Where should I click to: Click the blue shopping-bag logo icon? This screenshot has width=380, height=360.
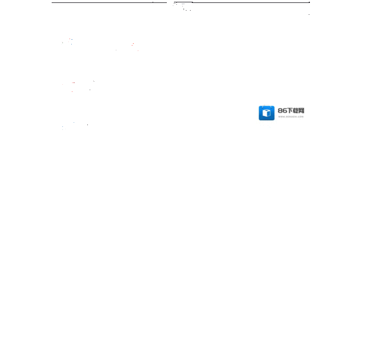[x=267, y=113]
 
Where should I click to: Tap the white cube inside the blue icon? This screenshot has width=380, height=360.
[x=267, y=113]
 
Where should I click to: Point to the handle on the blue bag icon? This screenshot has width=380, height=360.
[x=267, y=107]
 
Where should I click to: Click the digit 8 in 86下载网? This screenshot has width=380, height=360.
[x=280, y=111]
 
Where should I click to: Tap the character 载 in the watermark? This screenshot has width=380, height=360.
[x=296, y=111]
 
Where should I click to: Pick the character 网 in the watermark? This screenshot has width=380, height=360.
[x=302, y=111]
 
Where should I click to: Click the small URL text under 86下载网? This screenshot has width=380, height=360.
[x=290, y=117]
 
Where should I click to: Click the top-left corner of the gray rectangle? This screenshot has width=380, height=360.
[x=52, y=3]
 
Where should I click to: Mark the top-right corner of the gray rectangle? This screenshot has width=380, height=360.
[x=309, y=3]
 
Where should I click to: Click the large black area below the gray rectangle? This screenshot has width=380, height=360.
[x=190, y=243]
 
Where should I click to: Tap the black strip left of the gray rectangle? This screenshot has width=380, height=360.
[x=26, y=65]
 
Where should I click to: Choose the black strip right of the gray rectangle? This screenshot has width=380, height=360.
[x=344, y=65]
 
